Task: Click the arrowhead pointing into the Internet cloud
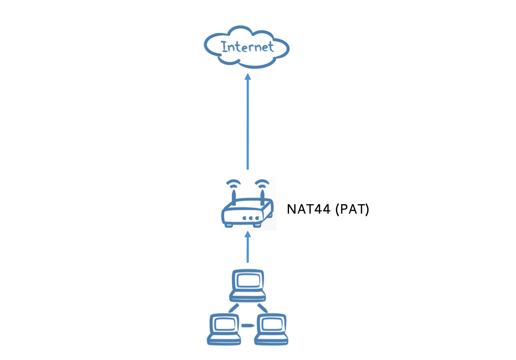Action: tap(247, 76)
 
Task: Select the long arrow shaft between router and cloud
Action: tap(247, 123)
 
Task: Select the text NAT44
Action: tap(308, 209)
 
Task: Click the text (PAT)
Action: tap(352, 209)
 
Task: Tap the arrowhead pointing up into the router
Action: tap(247, 234)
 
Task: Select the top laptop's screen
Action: tap(247, 280)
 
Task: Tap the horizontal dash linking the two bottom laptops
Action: tap(247, 325)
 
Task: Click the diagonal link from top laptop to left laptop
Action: tap(233, 308)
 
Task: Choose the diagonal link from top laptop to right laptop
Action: tap(262, 308)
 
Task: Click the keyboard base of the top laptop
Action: tap(247, 296)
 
